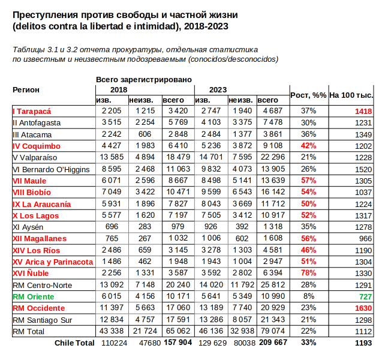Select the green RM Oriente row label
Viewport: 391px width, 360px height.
click(x=34, y=296)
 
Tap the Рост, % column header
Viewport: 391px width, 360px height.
click(x=308, y=95)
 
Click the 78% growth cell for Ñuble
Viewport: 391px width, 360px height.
click(x=308, y=273)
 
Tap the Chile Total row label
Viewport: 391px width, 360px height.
click(x=74, y=343)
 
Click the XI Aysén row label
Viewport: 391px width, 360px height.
click(x=29, y=227)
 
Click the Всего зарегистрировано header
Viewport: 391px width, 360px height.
click(x=144, y=79)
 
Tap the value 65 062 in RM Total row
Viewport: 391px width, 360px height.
click(x=178, y=331)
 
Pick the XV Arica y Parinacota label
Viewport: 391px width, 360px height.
click(x=53, y=262)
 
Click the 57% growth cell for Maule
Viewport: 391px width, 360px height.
click(x=308, y=181)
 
